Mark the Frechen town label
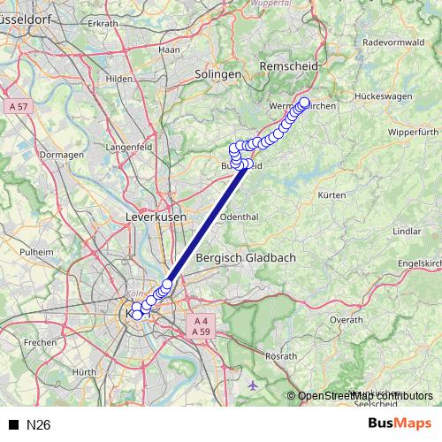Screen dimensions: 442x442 [41, 341]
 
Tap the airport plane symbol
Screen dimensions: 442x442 [255, 385]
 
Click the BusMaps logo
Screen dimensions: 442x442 [399, 424]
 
